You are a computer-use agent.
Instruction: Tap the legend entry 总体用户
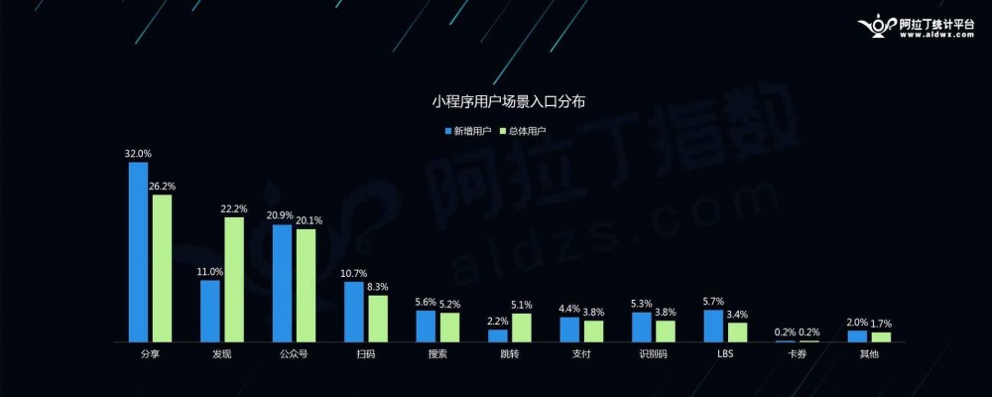527,130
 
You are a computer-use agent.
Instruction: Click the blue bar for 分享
138,252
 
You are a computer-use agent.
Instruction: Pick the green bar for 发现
233,279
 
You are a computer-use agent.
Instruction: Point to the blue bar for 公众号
282,283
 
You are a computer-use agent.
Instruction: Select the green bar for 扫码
377,319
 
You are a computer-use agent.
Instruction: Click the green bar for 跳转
521,328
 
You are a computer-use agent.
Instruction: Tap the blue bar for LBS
713,326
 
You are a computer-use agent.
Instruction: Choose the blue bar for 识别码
642,327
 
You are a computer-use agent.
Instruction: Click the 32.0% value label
138,154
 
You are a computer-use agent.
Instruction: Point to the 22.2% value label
234,209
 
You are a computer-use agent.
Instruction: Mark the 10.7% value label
354,273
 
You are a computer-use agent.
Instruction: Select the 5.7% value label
713,302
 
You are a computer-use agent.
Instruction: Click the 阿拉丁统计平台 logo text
934,23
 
